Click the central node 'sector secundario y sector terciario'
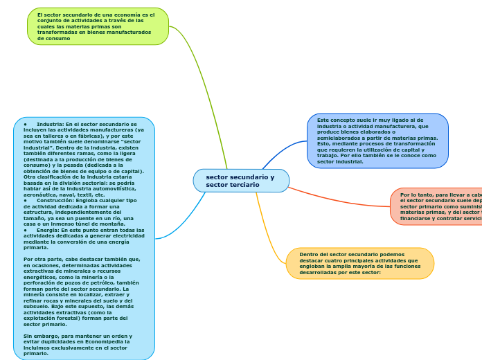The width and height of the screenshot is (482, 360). pos(241,181)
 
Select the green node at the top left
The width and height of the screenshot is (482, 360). pos(98,26)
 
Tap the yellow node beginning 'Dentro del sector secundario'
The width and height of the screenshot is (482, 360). pos(360,263)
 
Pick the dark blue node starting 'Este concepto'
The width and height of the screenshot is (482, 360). pos(377,141)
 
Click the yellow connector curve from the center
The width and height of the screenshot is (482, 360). pos(266,228)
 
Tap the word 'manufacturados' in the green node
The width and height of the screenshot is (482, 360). pos(128,32)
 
